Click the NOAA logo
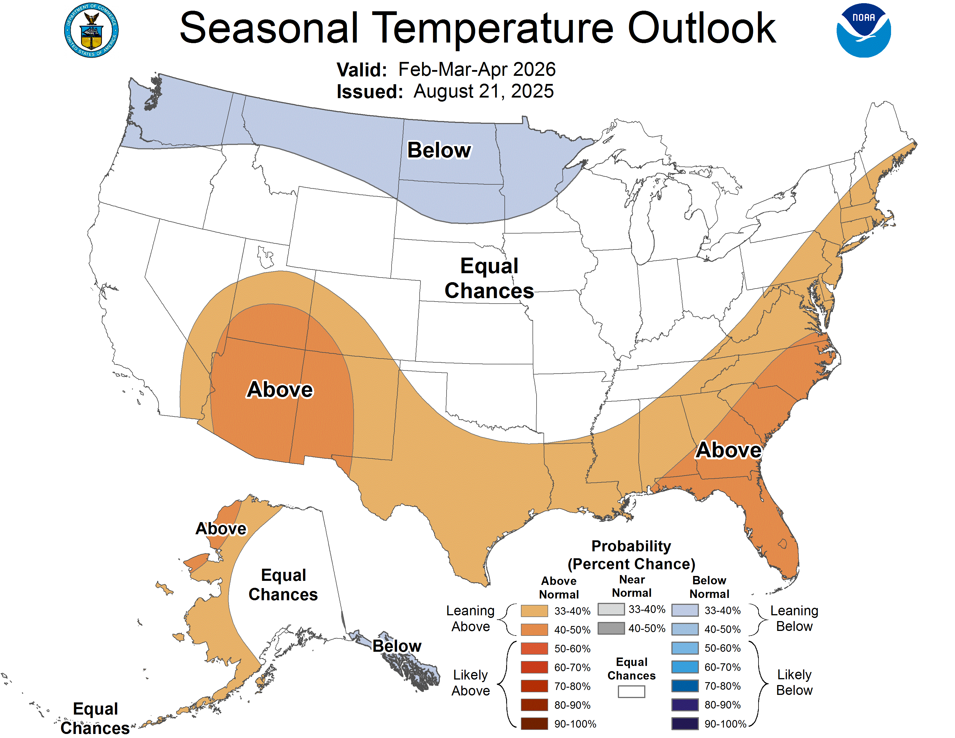[x=863, y=31]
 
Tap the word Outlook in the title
[x=701, y=28]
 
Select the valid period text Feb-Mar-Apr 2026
[x=477, y=69]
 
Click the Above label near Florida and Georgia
[x=728, y=450]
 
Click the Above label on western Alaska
[x=221, y=528]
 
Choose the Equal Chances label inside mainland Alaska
[x=283, y=585]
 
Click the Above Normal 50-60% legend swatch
[x=534, y=648]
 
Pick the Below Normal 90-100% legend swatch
[x=685, y=724]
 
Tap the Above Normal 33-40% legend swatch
[x=534, y=611]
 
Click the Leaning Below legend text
[x=794, y=618]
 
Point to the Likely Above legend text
[x=471, y=682]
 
